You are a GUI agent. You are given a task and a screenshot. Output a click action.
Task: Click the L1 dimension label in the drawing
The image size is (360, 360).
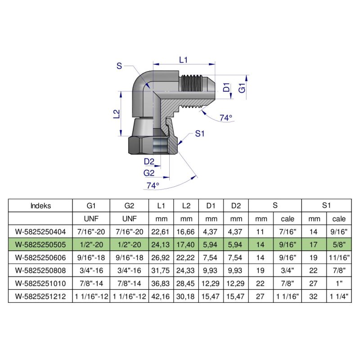click(x=184, y=59)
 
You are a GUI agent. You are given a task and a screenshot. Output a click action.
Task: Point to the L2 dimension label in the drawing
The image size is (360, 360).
click(x=116, y=114)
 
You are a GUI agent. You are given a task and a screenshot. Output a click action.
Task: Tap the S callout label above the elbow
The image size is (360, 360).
click(x=119, y=66)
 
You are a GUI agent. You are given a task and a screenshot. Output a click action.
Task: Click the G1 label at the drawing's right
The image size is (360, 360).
click(x=242, y=88)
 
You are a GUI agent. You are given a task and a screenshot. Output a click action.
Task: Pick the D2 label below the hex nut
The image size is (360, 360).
click(x=149, y=162)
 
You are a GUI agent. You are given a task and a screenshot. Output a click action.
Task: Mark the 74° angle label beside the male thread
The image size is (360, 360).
click(x=226, y=118)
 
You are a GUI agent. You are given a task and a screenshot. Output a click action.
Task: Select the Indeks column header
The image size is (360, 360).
click(x=40, y=206)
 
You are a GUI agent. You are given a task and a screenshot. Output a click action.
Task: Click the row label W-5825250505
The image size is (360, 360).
click(x=40, y=245)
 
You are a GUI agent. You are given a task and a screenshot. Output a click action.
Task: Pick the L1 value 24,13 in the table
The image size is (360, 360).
click(x=161, y=245)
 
